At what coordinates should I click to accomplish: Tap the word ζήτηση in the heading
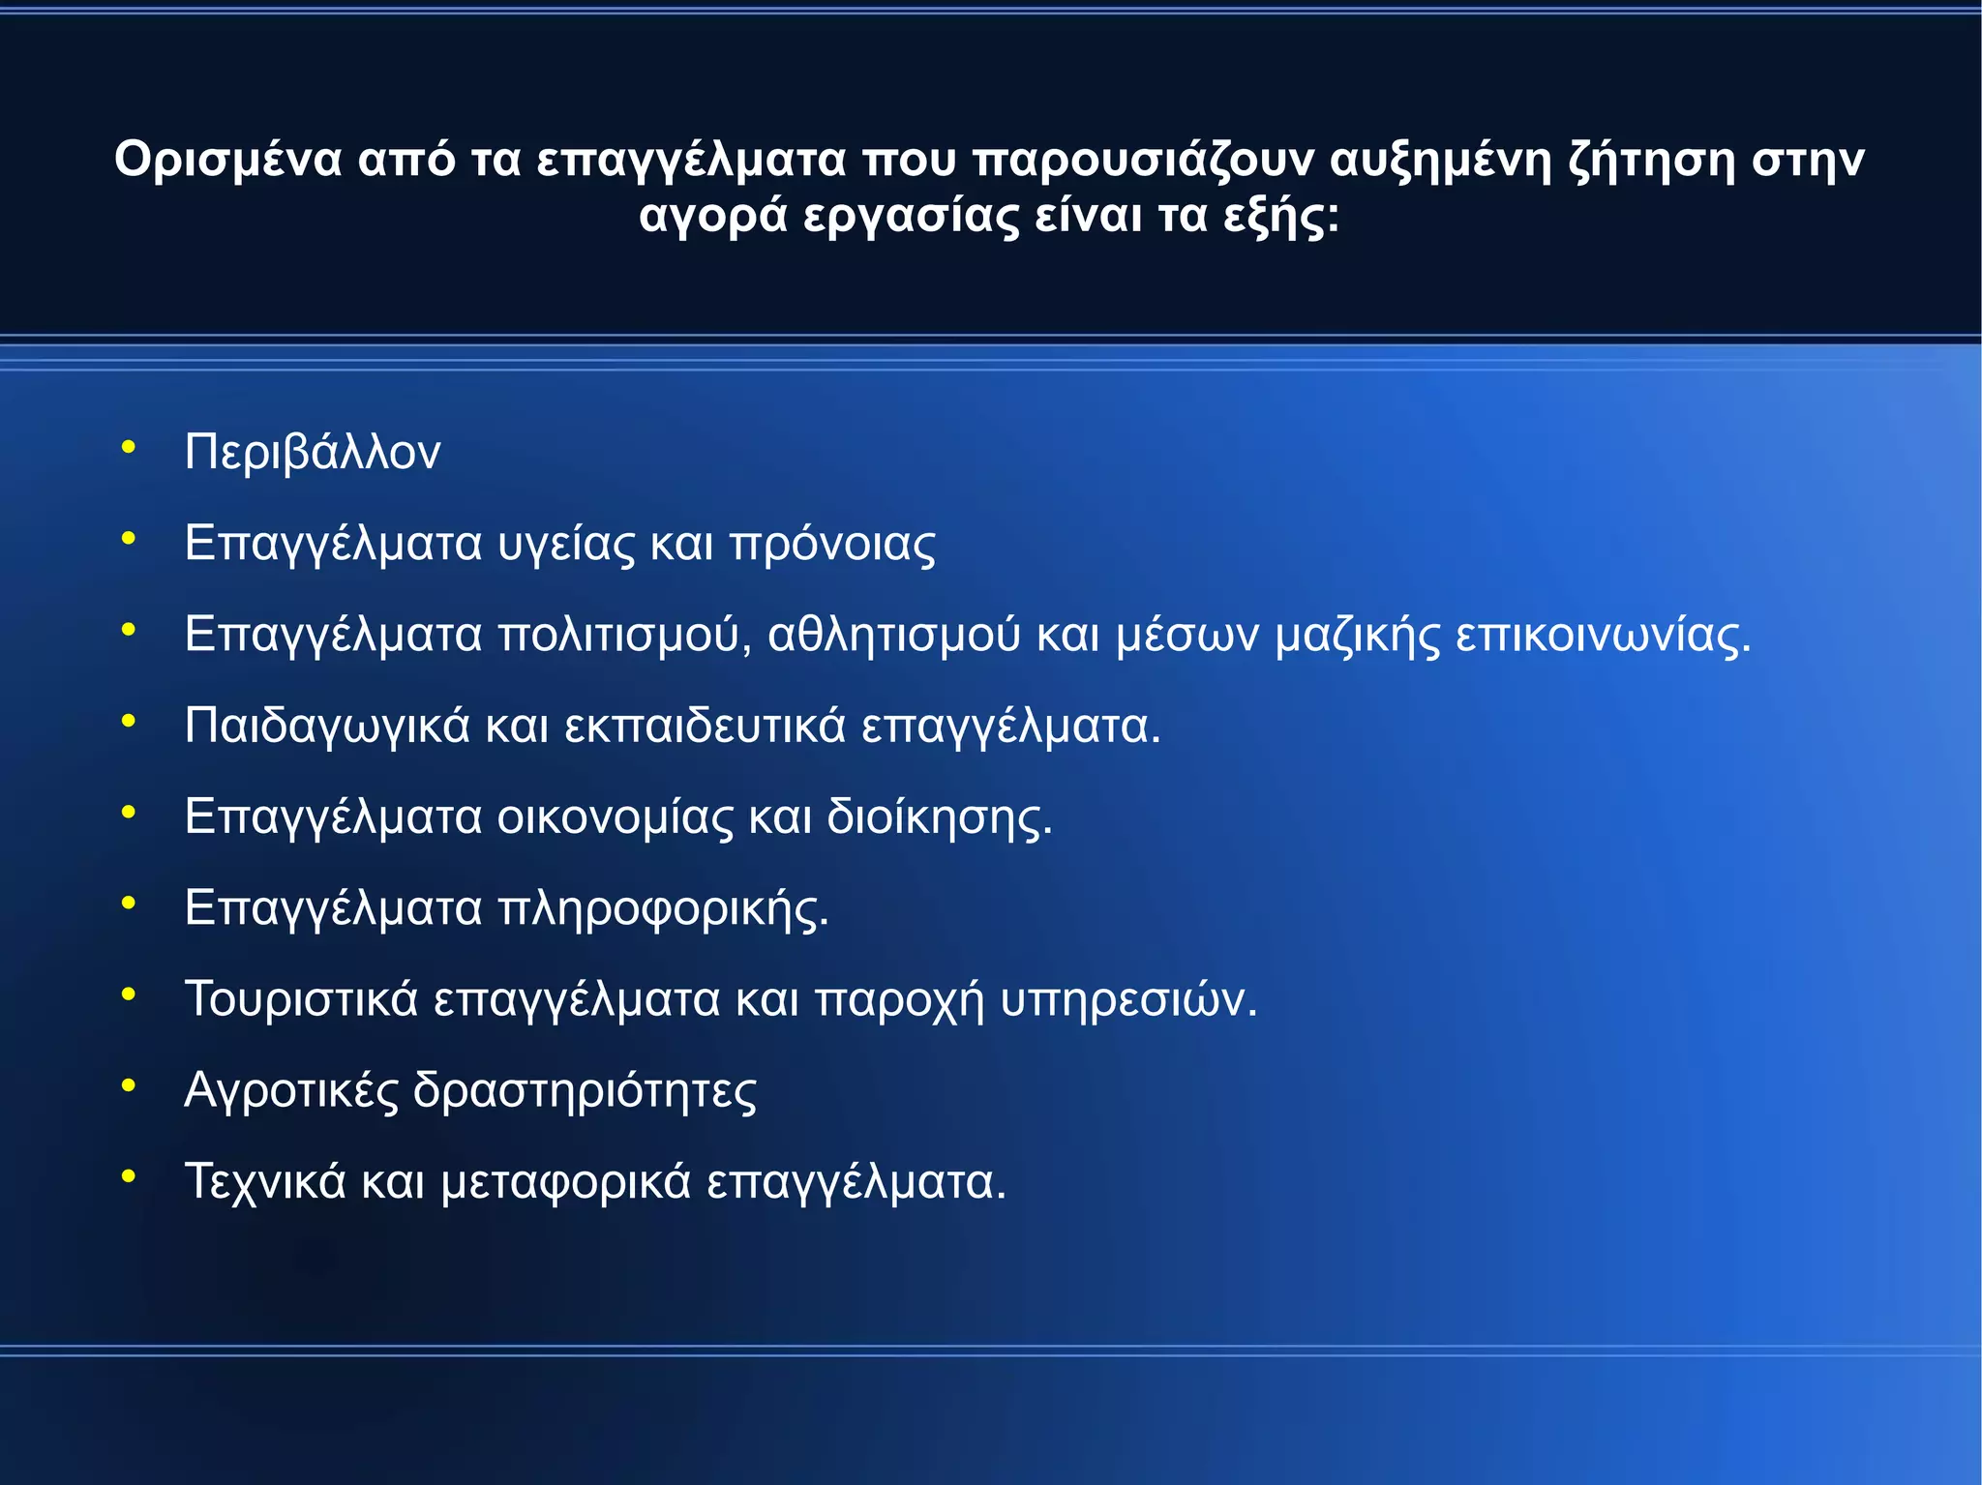pos(1651,161)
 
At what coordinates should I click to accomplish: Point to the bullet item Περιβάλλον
pos(313,452)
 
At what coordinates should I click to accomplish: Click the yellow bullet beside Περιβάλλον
pos(128,448)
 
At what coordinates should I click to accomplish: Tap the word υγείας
pos(566,544)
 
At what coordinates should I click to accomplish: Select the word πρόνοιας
pos(832,544)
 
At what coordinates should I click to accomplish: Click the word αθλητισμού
pos(894,636)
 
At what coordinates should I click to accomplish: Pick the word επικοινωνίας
pos(1603,636)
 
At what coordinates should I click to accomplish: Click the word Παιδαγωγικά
pos(327,727)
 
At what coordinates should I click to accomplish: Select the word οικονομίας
pos(616,817)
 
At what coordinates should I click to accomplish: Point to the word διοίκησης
pos(939,817)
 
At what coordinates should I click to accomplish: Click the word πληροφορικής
pos(663,909)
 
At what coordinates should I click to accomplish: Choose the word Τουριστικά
pos(301,999)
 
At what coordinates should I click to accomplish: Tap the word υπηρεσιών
pos(1128,999)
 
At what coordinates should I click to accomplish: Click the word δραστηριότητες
pos(585,1091)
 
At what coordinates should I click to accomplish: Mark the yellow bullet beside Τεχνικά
pos(128,1177)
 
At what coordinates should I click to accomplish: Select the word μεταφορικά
pos(566,1182)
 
